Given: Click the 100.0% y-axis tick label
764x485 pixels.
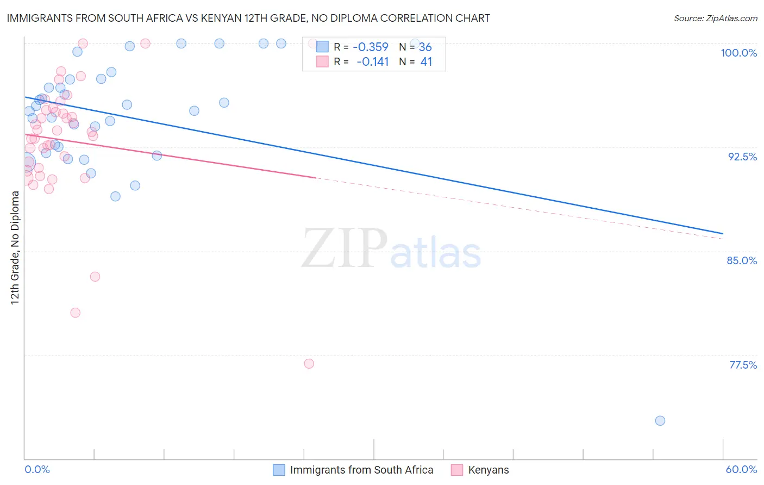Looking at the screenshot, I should [738, 53].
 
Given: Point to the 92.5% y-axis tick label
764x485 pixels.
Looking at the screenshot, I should [742, 157].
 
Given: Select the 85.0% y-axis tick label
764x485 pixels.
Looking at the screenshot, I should [742, 260].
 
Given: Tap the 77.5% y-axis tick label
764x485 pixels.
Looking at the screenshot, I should [743, 365].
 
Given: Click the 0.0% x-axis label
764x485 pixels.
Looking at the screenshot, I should [37, 469].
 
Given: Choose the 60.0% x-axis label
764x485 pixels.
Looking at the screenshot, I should [741, 469].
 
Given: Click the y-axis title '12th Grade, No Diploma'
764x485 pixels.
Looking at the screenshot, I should [15, 247].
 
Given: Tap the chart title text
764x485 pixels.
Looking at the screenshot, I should [248, 18].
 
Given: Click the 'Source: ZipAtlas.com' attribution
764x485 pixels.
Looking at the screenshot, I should [715, 18].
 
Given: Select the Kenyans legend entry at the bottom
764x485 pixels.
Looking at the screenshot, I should [488, 470].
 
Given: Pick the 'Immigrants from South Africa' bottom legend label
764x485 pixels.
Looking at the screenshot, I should [361, 470].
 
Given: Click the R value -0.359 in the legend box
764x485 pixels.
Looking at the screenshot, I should [371, 47].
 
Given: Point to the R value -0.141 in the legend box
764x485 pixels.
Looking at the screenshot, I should [372, 62].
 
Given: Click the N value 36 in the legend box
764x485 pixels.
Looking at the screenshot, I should [425, 47].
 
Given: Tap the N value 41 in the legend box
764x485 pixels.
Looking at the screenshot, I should [426, 62].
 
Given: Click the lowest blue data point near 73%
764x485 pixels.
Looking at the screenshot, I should [660, 420].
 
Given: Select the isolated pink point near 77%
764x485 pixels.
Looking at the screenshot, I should [309, 364].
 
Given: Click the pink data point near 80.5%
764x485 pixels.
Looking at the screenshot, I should [76, 313].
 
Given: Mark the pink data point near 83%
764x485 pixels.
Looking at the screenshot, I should [95, 276].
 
